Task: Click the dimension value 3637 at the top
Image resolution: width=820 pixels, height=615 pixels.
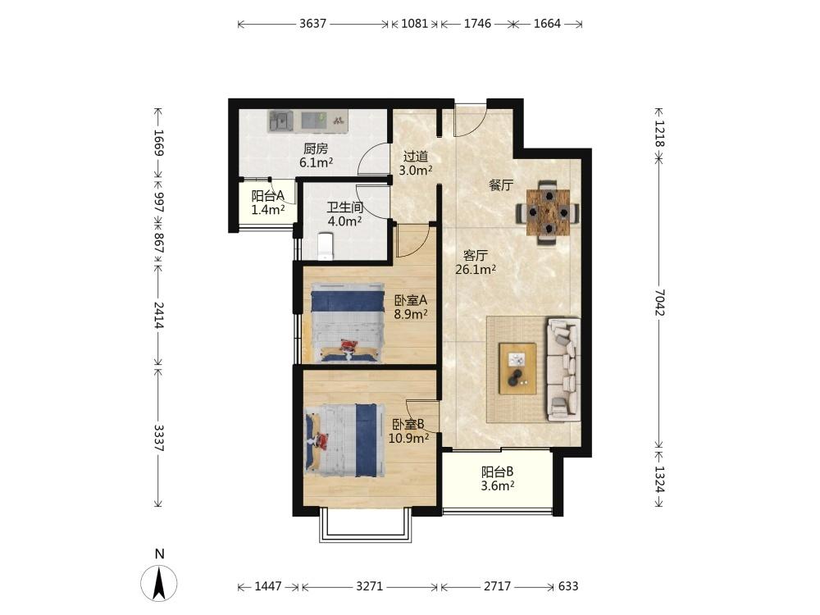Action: click(x=312, y=24)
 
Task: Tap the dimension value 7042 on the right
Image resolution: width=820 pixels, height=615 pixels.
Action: click(x=658, y=303)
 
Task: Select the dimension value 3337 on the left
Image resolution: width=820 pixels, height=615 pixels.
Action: click(x=159, y=438)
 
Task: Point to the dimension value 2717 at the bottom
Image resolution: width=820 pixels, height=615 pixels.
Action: click(x=497, y=586)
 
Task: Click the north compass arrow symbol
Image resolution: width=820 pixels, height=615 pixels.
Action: click(x=159, y=583)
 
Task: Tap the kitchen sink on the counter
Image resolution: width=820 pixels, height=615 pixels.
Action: click(x=280, y=121)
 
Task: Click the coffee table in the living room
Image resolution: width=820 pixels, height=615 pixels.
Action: click(x=517, y=368)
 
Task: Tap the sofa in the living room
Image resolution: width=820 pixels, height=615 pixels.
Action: click(x=563, y=369)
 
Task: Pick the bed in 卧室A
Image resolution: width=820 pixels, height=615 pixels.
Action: click(x=347, y=322)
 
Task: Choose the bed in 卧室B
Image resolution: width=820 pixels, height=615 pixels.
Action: click(x=341, y=440)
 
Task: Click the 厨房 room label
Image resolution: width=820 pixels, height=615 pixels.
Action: click(x=316, y=149)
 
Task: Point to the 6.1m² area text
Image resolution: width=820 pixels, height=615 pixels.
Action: click(x=316, y=162)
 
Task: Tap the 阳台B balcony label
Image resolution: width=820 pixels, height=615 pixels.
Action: click(x=498, y=472)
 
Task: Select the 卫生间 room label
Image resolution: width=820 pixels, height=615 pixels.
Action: click(x=345, y=207)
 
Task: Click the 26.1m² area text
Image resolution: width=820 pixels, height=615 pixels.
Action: click(x=476, y=269)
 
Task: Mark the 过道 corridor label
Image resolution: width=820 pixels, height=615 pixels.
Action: click(x=416, y=157)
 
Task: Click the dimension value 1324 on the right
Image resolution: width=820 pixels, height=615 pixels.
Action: click(x=658, y=479)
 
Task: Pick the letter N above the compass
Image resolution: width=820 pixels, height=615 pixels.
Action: click(x=160, y=553)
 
